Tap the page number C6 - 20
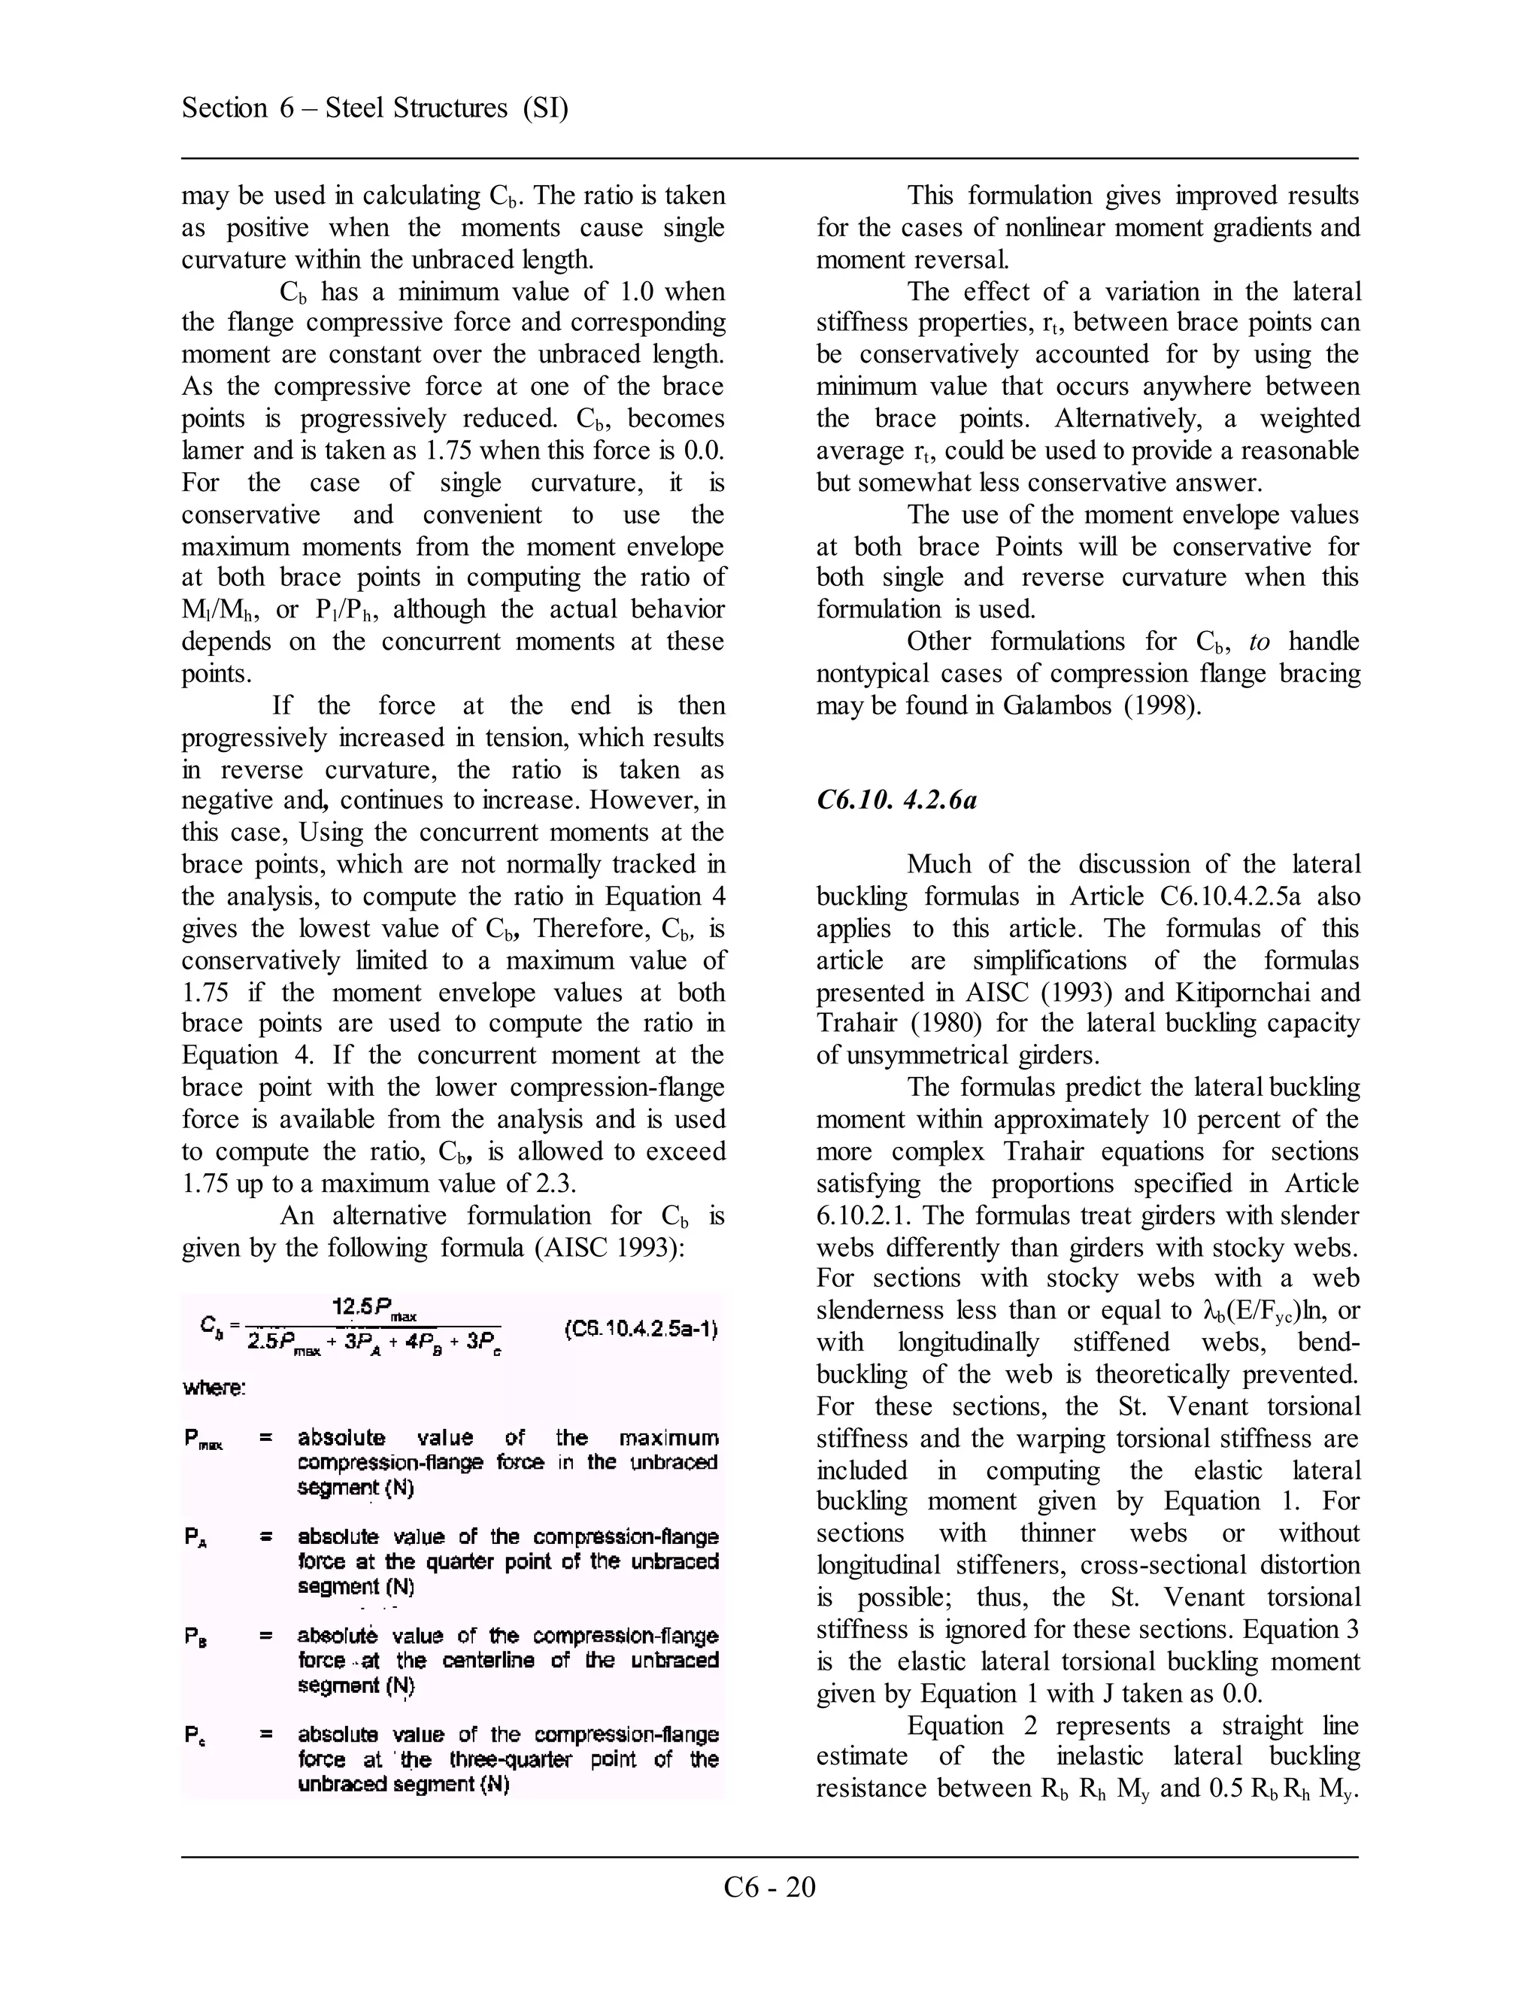(x=769, y=1886)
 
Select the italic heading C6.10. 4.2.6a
(x=896, y=800)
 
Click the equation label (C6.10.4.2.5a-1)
(x=641, y=1329)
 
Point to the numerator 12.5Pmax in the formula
(x=374, y=1309)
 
